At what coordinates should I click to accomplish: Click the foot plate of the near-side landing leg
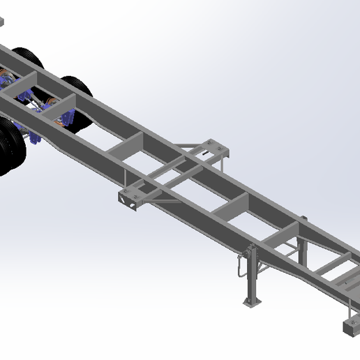pos(250,302)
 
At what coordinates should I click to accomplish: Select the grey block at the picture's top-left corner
pos(2,21)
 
